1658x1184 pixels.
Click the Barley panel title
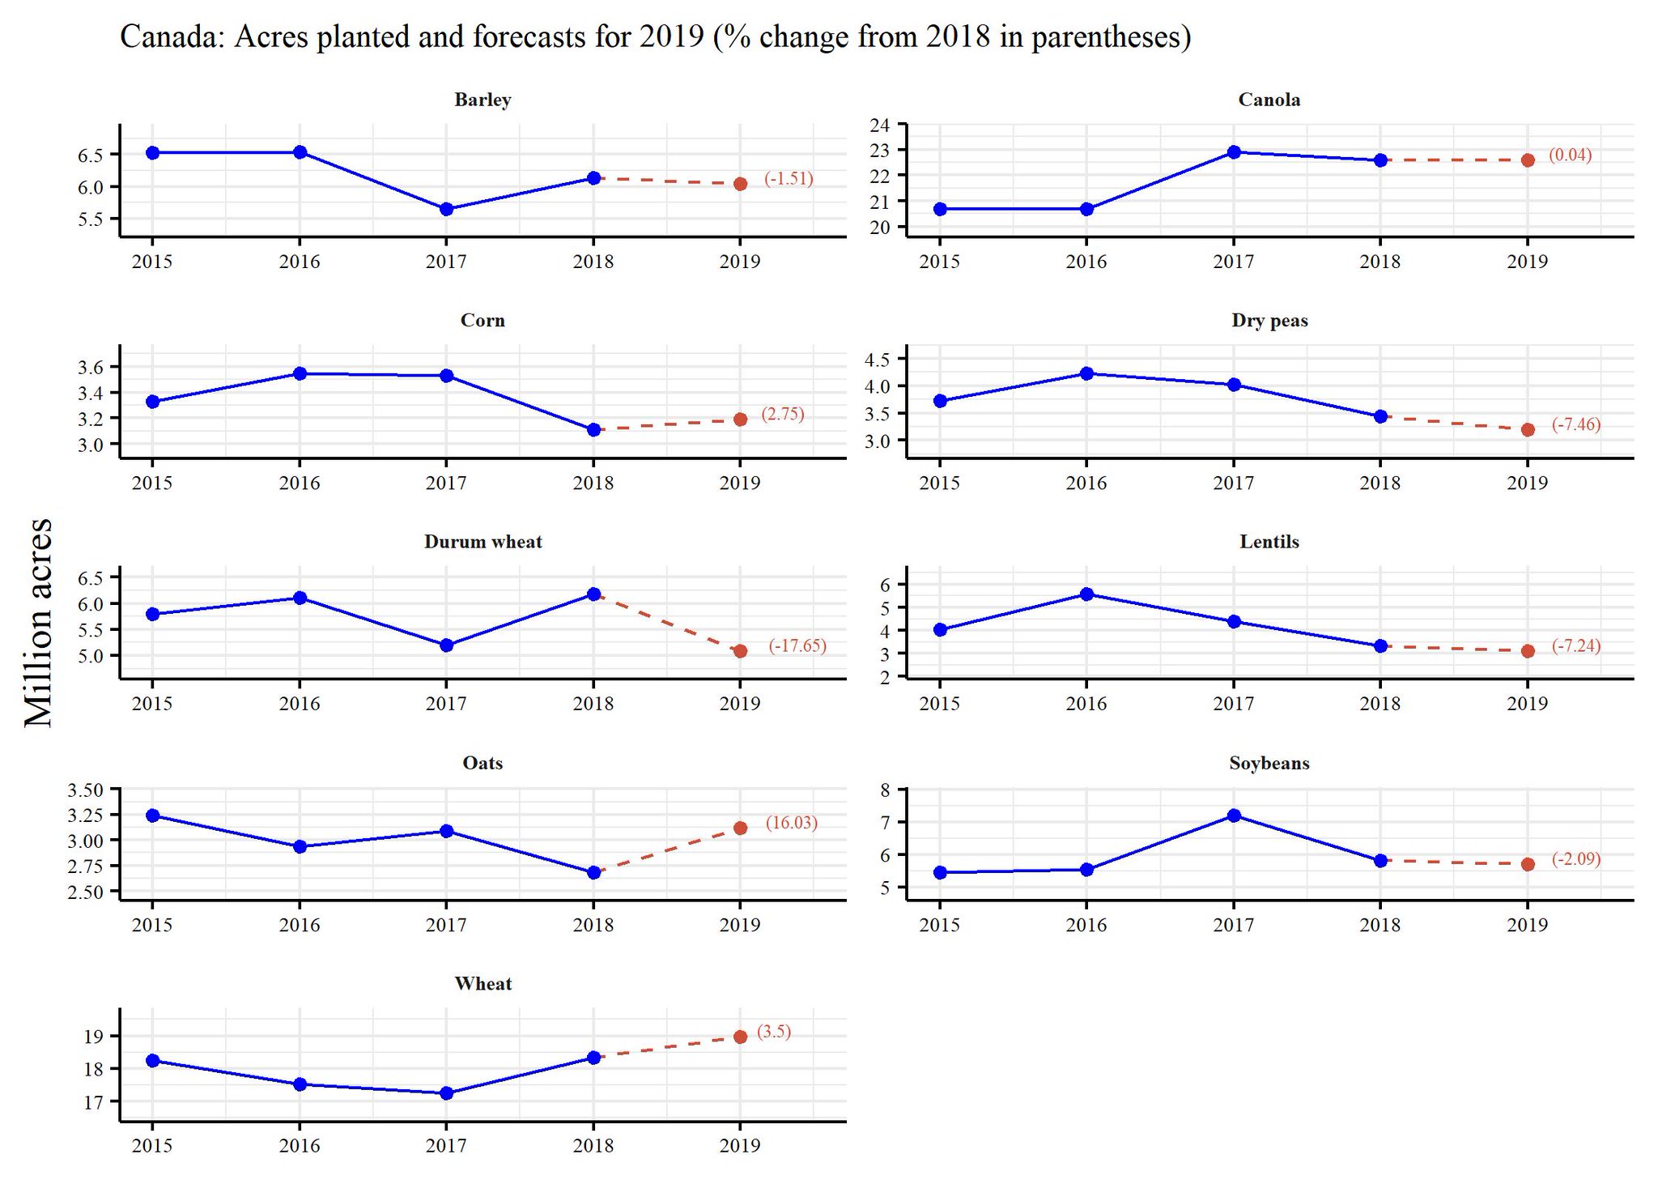coord(483,100)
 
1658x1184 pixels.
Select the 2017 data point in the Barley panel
coord(446,209)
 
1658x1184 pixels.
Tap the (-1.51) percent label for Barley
coord(788,179)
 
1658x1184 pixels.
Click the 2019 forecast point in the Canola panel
coord(1528,160)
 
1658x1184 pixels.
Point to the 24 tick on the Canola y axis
coord(879,125)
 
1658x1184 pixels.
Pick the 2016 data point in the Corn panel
coord(300,373)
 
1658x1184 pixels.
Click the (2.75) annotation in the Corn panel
coord(782,414)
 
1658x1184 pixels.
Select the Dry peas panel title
coord(1269,321)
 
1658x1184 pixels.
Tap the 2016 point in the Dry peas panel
coord(1087,373)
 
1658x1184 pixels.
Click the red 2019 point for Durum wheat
coord(740,651)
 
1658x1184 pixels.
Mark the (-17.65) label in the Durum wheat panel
coord(797,645)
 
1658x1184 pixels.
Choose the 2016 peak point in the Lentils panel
coord(1087,594)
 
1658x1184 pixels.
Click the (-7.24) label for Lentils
coord(1575,645)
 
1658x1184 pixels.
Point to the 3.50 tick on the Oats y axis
coord(86,790)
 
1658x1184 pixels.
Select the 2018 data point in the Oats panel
coord(593,872)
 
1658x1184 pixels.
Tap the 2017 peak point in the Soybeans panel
coord(1234,816)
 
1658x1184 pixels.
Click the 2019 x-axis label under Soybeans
coord(1527,925)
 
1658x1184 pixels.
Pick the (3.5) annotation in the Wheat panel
coord(774,1032)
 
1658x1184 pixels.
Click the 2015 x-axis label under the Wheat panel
coord(152,1146)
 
